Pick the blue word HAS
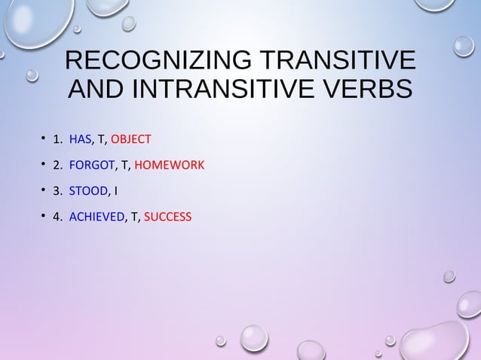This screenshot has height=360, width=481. click(x=80, y=139)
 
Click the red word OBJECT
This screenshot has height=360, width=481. click(x=131, y=139)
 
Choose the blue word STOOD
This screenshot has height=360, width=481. click(x=88, y=191)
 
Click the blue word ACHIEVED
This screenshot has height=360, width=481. click(x=97, y=217)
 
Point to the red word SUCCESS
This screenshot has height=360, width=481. click(x=167, y=217)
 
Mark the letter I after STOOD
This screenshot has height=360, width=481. click(x=115, y=191)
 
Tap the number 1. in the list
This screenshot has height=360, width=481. click(x=57, y=139)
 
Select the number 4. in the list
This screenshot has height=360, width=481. click(x=57, y=217)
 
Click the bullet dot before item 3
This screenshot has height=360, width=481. click(x=43, y=191)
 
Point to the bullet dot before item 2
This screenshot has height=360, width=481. click(x=43, y=165)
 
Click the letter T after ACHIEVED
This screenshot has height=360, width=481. click(x=134, y=217)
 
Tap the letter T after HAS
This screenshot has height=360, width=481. click(x=101, y=139)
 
